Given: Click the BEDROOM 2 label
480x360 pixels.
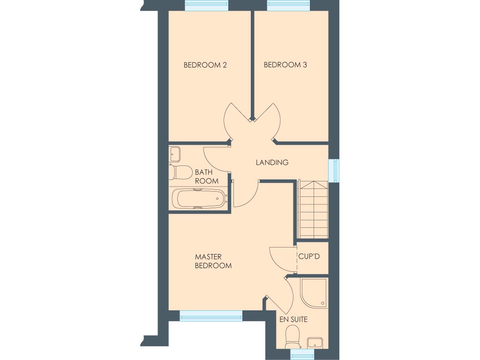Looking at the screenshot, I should coord(205,65).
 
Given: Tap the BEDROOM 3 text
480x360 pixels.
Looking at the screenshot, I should coord(285,65).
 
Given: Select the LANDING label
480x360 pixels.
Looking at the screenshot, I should coord(272,163).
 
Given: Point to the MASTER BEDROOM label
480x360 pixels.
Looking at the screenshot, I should coord(213,261).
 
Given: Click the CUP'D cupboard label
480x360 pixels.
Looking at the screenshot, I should coord(309,257).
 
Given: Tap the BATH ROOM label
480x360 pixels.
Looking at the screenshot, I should coord(207,177).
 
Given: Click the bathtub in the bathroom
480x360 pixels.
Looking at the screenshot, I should coord(199,198).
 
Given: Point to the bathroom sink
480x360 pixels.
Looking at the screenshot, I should coord(175,153).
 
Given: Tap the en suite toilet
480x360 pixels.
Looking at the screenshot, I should coord(292,336).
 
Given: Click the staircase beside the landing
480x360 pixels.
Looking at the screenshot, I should coord(313,210).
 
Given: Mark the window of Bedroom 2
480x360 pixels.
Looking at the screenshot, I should coord(207,6).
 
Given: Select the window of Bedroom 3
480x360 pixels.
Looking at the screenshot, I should coord(288,6).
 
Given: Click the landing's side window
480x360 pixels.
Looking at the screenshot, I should coord(334,170).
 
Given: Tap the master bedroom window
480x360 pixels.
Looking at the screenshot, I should coord(211,316).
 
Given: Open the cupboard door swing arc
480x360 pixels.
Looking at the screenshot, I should coord(281,258).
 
